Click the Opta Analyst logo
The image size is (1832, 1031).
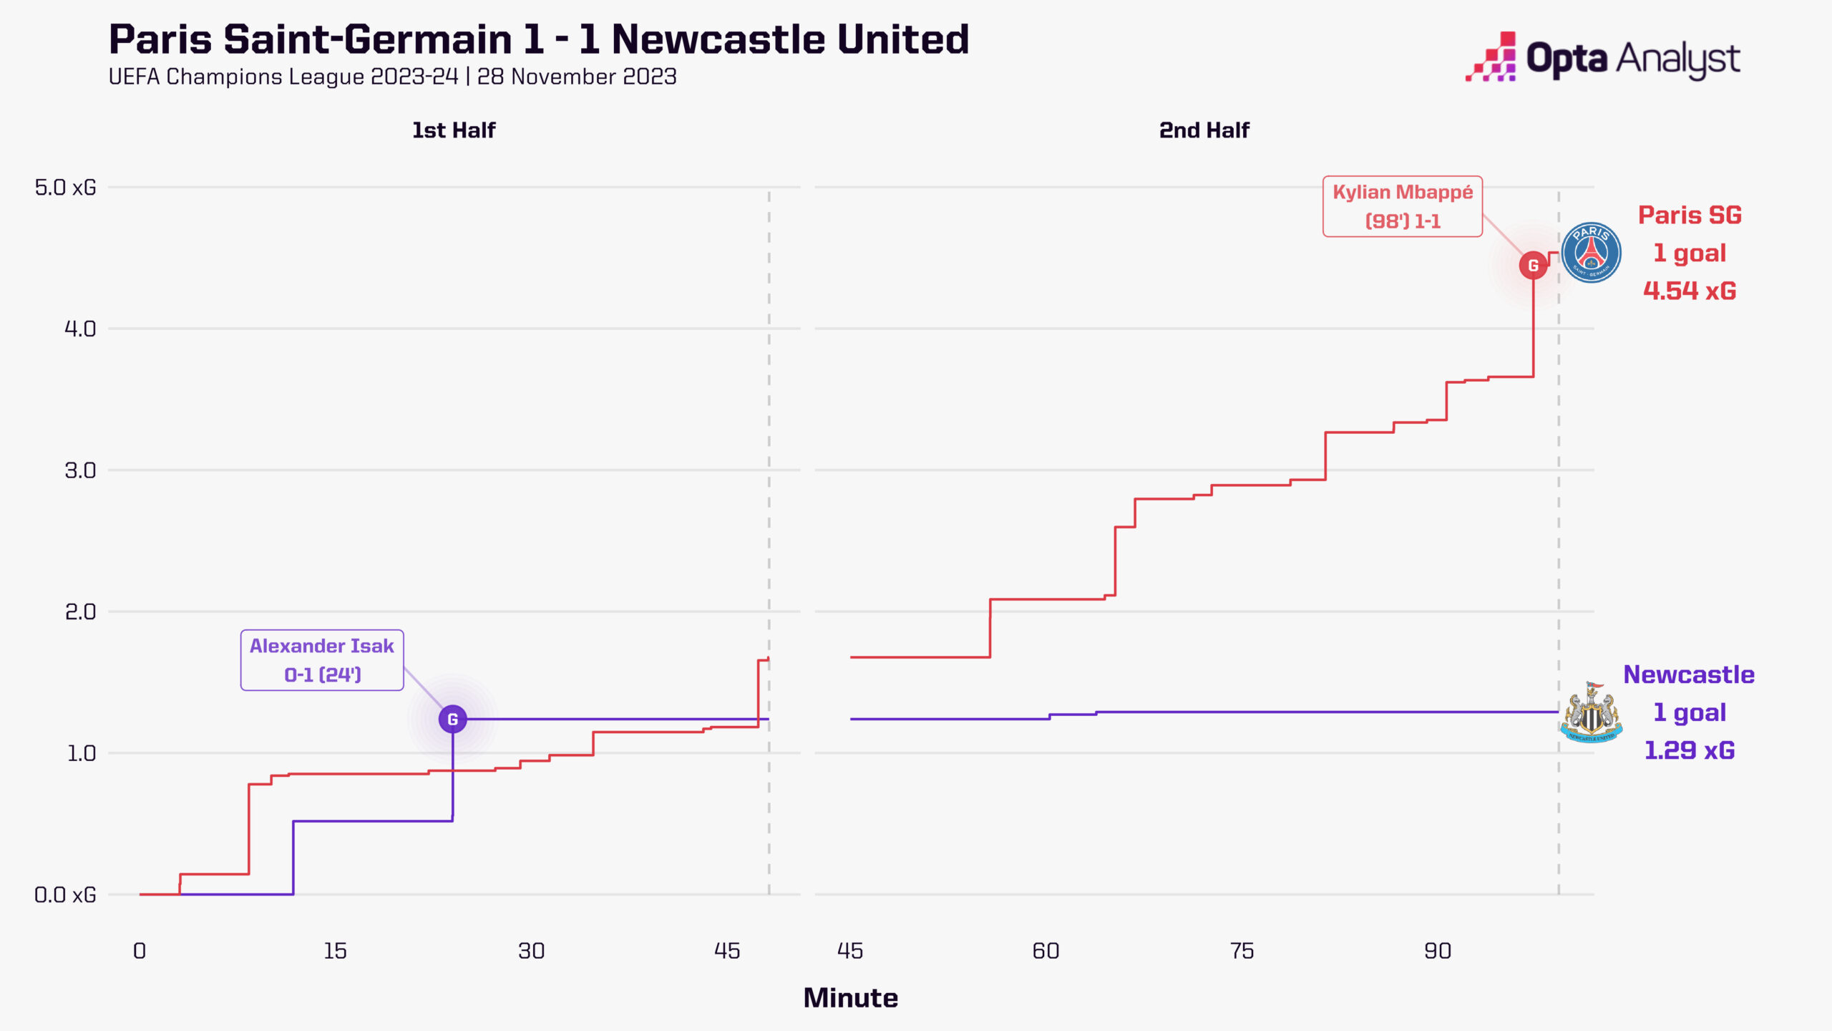click(x=1603, y=57)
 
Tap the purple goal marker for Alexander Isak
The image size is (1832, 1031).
click(x=452, y=719)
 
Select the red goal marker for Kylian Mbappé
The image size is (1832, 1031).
click(x=1533, y=266)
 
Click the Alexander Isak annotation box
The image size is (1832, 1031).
click(x=322, y=660)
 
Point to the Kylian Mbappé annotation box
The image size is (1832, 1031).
click(x=1402, y=206)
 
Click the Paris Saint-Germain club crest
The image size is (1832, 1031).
click(x=1591, y=253)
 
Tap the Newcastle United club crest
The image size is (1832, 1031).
click(x=1591, y=712)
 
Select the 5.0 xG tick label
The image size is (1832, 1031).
click(x=65, y=188)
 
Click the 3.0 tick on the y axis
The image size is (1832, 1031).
click(x=80, y=470)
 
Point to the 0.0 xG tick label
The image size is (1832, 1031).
click(x=65, y=895)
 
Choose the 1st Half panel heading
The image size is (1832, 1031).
click(x=454, y=130)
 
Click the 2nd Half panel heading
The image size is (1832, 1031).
click(x=1204, y=130)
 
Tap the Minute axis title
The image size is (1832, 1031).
click(x=850, y=998)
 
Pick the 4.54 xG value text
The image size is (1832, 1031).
click(x=1690, y=291)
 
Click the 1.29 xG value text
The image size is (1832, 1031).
click(x=1690, y=750)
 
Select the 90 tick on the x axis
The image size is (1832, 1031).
click(x=1437, y=951)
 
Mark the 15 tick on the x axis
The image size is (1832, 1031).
click(x=335, y=951)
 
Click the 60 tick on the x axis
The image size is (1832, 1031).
click(x=1046, y=951)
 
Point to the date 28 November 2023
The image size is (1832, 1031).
click(x=577, y=77)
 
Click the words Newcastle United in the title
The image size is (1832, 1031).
click(x=790, y=39)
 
